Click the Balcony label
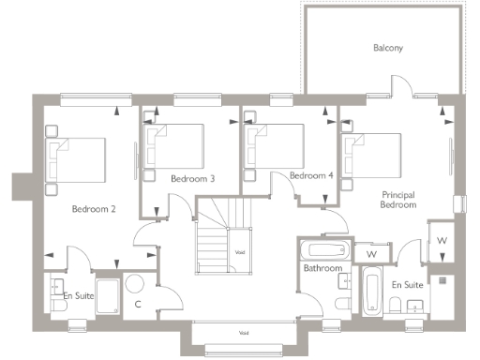click(x=387, y=48)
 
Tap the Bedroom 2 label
click(x=94, y=209)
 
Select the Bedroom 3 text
click(x=193, y=178)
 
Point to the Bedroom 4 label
click(x=311, y=175)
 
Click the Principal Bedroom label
click(x=398, y=200)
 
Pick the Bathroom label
click(x=322, y=269)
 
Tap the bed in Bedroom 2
click(x=79, y=159)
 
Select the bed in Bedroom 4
click(x=277, y=145)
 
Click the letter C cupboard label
click(x=137, y=304)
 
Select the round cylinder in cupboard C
click(x=134, y=283)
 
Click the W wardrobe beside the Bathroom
click(x=371, y=254)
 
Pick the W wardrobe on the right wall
click(x=442, y=243)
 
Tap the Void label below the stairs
click(x=243, y=333)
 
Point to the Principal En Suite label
click(x=407, y=283)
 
